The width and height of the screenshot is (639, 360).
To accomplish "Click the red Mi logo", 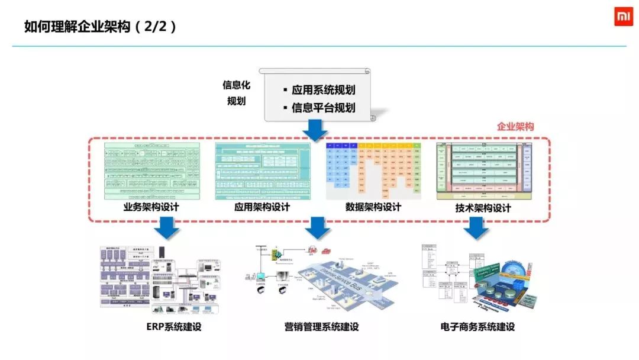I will tap(623, 17).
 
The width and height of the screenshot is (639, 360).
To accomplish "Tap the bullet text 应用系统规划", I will tap(323, 90).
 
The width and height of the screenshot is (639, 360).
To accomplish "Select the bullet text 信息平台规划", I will tap(323, 108).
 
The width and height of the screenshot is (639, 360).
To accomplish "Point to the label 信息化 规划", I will tap(237, 93).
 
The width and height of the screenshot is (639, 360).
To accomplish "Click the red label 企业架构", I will tap(515, 127).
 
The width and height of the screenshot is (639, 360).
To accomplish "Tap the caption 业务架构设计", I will tap(151, 207).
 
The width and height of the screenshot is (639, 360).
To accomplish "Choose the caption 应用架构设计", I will tap(262, 207).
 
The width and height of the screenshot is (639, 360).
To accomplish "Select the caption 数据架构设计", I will tap(373, 207).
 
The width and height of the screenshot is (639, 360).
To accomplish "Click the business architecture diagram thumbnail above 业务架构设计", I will tap(152, 171).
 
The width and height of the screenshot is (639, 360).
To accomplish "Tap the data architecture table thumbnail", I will tap(373, 171).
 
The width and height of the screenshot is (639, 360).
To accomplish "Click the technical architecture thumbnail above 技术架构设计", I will tap(484, 170).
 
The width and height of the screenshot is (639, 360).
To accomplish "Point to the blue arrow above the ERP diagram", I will tap(167, 227).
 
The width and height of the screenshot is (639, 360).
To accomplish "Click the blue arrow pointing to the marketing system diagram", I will tap(318, 227).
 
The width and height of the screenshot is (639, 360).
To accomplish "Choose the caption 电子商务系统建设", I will tap(477, 327).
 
